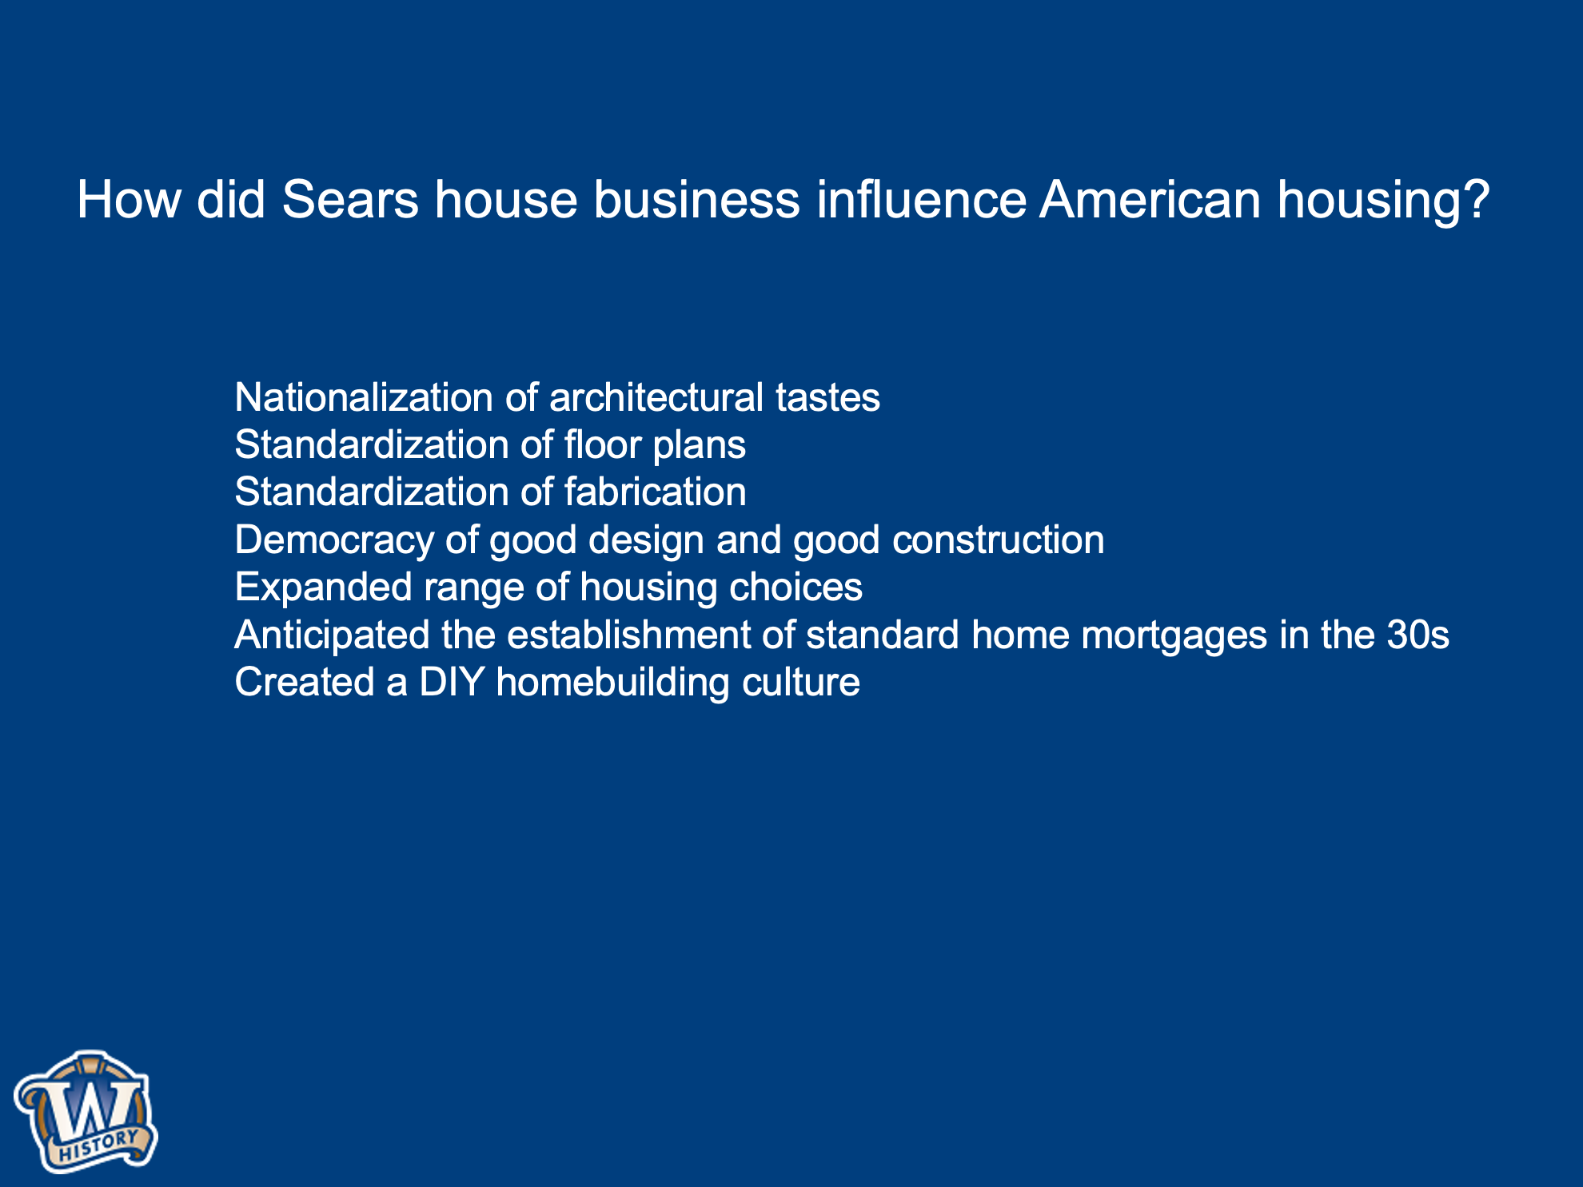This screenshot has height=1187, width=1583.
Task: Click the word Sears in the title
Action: [350, 199]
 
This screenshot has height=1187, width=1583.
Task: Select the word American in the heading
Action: [1150, 199]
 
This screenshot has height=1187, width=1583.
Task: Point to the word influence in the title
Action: [921, 199]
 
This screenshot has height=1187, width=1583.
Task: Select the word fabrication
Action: [655, 492]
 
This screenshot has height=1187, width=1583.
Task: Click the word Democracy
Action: [334, 540]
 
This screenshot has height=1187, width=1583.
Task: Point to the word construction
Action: [999, 540]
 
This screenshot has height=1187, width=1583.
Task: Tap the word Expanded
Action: [323, 588]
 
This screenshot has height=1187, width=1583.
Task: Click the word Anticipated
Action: [332, 635]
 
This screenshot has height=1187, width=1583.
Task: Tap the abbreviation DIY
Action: [452, 682]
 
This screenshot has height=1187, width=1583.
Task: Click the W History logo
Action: [86, 1112]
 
